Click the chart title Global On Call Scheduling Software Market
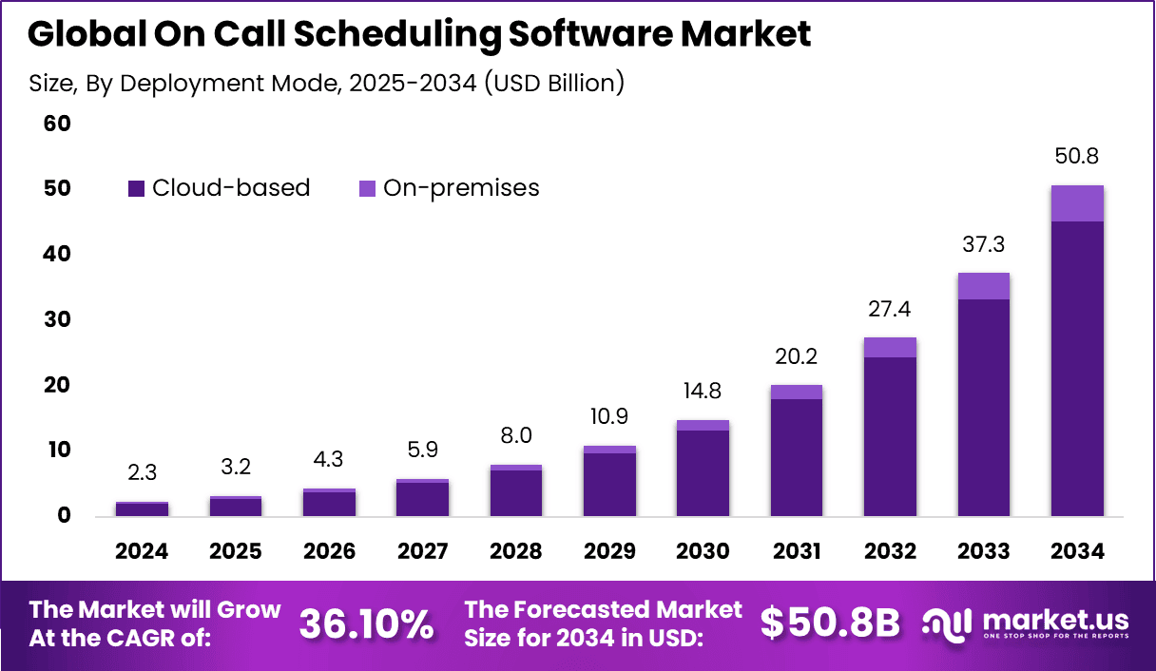coord(419,34)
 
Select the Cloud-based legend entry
coord(219,188)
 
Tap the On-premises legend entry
coord(450,188)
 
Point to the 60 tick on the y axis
coord(57,124)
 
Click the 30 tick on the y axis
coord(57,319)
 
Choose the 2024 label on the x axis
coord(142,551)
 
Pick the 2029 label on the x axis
coord(609,551)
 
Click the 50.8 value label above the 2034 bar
coord(1077,157)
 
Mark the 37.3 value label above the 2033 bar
coord(983,245)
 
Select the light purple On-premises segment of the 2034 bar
coord(1077,203)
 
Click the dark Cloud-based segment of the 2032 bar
coord(890,437)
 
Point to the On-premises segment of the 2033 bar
coord(983,286)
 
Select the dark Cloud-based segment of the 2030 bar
coord(703,473)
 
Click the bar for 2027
coord(422,498)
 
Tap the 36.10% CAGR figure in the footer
coord(367,624)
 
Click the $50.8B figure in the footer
coord(829,624)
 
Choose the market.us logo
coord(1027,624)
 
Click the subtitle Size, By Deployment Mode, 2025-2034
coord(326,83)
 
